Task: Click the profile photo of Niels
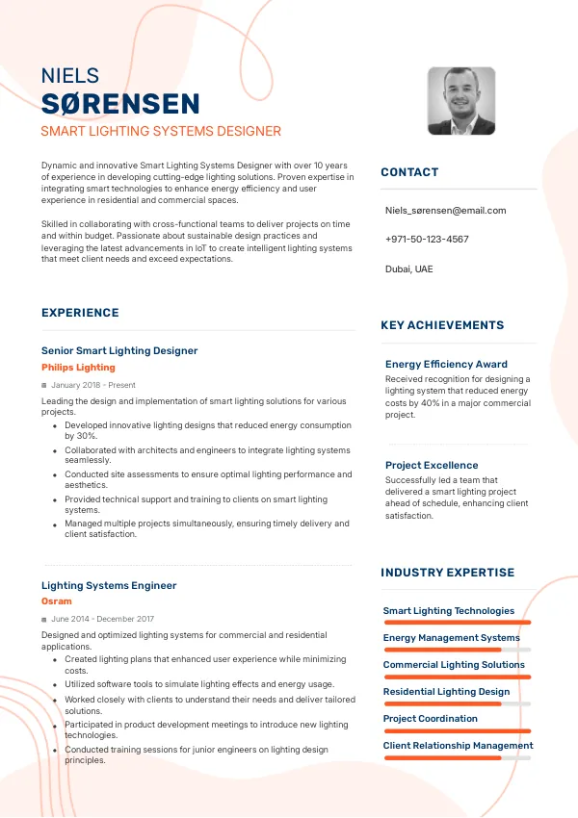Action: pyautogui.click(x=460, y=101)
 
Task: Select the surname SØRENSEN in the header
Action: pyautogui.click(x=120, y=104)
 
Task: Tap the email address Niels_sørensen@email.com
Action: pyautogui.click(x=445, y=210)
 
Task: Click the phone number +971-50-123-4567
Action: pyautogui.click(x=427, y=239)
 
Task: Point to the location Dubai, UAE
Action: pyautogui.click(x=409, y=268)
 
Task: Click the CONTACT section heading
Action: pyautogui.click(x=409, y=172)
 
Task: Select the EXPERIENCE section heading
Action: pyautogui.click(x=80, y=313)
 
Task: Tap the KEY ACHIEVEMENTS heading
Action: pyautogui.click(x=442, y=325)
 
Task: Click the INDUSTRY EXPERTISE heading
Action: pyautogui.click(x=447, y=573)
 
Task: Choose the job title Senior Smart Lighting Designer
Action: pyautogui.click(x=119, y=351)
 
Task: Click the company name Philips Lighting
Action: pyautogui.click(x=78, y=368)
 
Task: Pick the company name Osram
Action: pyautogui.click(x=57, y=601)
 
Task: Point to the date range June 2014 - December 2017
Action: pyautogui.click(x=102, y=619)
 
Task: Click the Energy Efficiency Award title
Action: pyautogui.click(x=446, y=365)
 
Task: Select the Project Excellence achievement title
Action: pyautogui.click(x=432, y=466)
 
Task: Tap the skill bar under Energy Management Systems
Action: pyautogui.click(x=457, y=650)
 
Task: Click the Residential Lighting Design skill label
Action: pyautogui.click(x=446, y=692)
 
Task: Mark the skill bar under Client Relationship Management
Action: pyautogui.click(x=457, y=757)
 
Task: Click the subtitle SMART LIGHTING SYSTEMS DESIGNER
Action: pyautogui.click(x=161, y=131)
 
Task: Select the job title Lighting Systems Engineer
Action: pyautogui.click(x=109, y=585)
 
